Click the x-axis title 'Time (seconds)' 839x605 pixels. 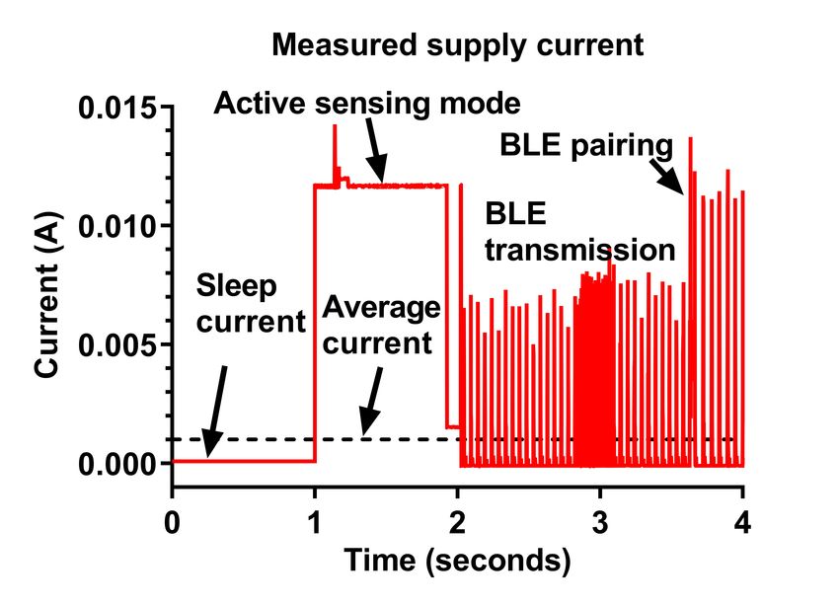pyautogui.click(x=457, y=562)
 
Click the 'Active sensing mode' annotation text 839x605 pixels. pyautogui.click(x=367, y=102)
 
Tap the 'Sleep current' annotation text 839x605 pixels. pyautogui.click(x=251, y=304)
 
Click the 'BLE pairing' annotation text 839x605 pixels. pyautogui.click(x=586, y=147)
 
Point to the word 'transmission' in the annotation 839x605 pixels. pyautogui.click(x=579, y=249)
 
